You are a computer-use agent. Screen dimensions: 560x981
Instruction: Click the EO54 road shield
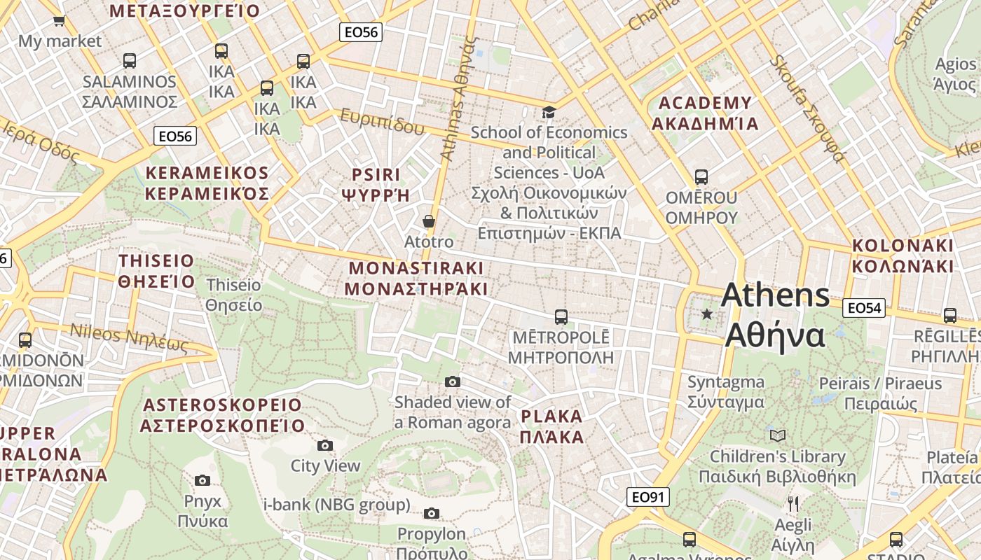click(863, 307)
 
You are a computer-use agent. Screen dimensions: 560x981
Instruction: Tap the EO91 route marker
click(647, 497)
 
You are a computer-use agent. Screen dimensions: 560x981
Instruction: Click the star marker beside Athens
click(707, 314)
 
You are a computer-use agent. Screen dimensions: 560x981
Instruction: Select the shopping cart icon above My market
click(60, 20)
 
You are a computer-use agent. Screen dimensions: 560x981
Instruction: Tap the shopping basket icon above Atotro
click(429, 221)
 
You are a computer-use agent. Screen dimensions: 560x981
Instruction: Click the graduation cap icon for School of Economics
click(549, 112)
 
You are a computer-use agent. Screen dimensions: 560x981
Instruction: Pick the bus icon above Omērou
click(701, 177)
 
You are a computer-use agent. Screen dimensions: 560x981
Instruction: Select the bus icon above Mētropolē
click(561, 317)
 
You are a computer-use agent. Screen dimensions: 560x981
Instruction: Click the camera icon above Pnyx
click(203, 480)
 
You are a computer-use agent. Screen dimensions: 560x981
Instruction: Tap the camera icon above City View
click(324, 445)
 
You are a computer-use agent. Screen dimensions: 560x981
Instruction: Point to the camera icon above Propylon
click(432, 513)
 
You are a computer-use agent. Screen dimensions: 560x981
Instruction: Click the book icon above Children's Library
click(778, 435)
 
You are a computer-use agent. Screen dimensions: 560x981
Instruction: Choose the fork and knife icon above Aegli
click(793, 503)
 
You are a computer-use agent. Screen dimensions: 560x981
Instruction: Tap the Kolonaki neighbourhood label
click(903, 255)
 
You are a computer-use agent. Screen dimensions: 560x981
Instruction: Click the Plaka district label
click(552, 426)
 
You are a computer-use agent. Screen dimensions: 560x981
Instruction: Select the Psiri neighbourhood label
click(376, 184)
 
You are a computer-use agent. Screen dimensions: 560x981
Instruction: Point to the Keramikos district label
click(207, 183)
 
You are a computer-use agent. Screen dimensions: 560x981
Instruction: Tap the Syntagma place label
click(725, 392)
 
